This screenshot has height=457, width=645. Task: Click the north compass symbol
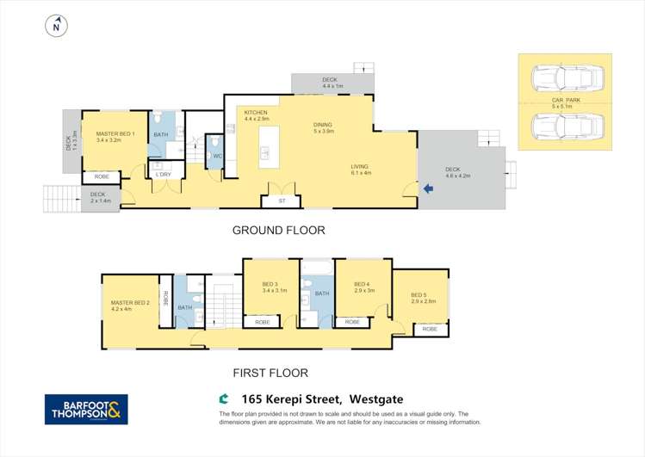coord(56,27)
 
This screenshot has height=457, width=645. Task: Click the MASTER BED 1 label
coord(115,134)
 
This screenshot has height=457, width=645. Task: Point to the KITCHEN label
coord(256,113)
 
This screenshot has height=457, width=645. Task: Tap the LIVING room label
coord(361,167)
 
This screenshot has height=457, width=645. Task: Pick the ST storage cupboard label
coord(281,201)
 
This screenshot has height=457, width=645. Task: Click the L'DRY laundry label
coord(163,175)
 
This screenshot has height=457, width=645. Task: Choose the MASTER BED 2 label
coord(130,303)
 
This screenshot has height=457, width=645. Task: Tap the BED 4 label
coord(362,284)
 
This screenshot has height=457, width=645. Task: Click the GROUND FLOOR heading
coord(278,231)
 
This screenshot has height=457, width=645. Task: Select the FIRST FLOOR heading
coord(270,374)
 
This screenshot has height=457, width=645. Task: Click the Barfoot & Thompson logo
coord(86,408)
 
